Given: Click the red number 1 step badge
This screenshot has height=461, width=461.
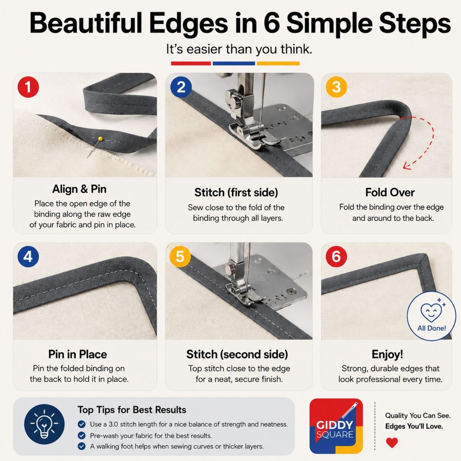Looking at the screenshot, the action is click(28, 87).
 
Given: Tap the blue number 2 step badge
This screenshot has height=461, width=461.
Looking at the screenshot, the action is click(181, 87).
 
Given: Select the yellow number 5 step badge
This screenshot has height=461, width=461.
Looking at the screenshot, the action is click(180, 256).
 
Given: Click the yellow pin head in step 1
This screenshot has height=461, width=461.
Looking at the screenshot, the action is click(100, 139).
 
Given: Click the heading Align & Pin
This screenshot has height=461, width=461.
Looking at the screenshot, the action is click(79, 189).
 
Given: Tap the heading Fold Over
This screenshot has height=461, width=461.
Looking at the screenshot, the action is click(390, 192).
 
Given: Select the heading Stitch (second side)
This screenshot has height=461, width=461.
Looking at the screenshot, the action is click(237, 354).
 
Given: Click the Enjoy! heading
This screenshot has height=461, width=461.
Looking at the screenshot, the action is click(387, 354).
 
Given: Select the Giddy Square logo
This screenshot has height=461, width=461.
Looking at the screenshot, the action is click(336, 426).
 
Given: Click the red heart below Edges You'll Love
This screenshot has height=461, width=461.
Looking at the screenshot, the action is click(392, 443).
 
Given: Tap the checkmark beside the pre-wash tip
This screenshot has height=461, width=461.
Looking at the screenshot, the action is click(81, 435).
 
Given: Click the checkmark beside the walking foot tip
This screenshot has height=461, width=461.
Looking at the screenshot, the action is click(81, 446).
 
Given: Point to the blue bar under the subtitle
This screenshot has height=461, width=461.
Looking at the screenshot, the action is click(234, 63).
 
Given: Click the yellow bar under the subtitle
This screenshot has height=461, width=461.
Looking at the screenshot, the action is click(278, 63).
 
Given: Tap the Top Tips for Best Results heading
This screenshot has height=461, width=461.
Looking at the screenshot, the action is click(132, 410).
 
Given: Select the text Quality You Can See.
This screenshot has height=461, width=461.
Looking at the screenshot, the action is click(418, 416).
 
